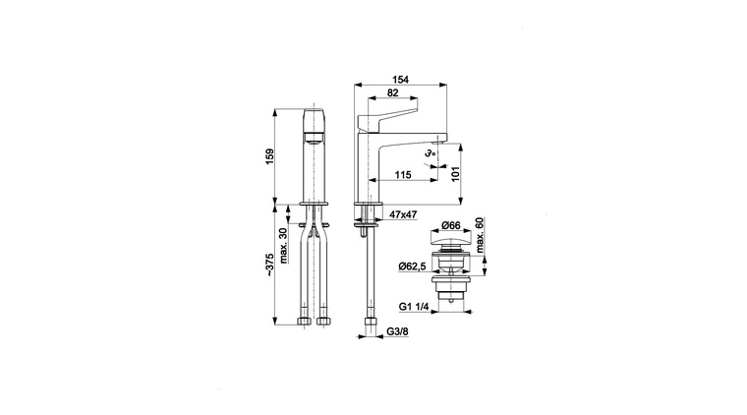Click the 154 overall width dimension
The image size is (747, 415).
pos(401,80)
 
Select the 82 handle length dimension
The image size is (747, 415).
pos(392,92)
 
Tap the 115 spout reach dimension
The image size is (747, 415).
pos(403,175)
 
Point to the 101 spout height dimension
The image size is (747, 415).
pos(455,174)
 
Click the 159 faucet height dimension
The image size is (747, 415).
pos(269,156)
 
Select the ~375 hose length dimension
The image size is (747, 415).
pos(269,265)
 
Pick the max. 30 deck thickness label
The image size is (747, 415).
pos(284,246)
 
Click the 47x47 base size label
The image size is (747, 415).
pos(403,215)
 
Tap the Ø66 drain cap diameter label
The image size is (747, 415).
pos(450,224)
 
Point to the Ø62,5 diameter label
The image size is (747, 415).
pos(412,267)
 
